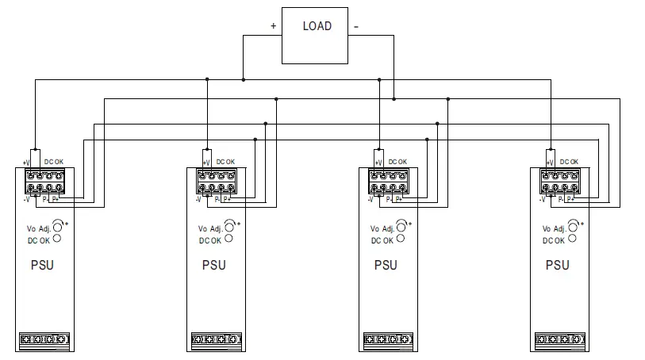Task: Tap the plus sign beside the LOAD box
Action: tap(274, 26)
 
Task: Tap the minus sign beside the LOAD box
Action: tap(355, 26)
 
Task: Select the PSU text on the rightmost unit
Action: tap(557, 265)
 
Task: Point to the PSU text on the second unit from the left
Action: tap(213, 265)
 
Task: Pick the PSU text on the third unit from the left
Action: tap(386, 265)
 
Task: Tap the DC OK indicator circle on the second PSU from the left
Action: tap(229, 239)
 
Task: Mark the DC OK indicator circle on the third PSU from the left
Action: tap(401, 239)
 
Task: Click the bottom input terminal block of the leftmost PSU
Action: tap(45, 341)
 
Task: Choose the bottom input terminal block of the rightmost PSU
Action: tap(560, 341)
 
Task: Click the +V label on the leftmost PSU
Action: tap(25, 162)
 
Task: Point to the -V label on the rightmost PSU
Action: tap(542, 200)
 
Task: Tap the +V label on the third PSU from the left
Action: tap(370, 162)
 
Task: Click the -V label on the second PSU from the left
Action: tap(198, 200)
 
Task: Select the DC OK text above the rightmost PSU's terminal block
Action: tap(569, 161)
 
